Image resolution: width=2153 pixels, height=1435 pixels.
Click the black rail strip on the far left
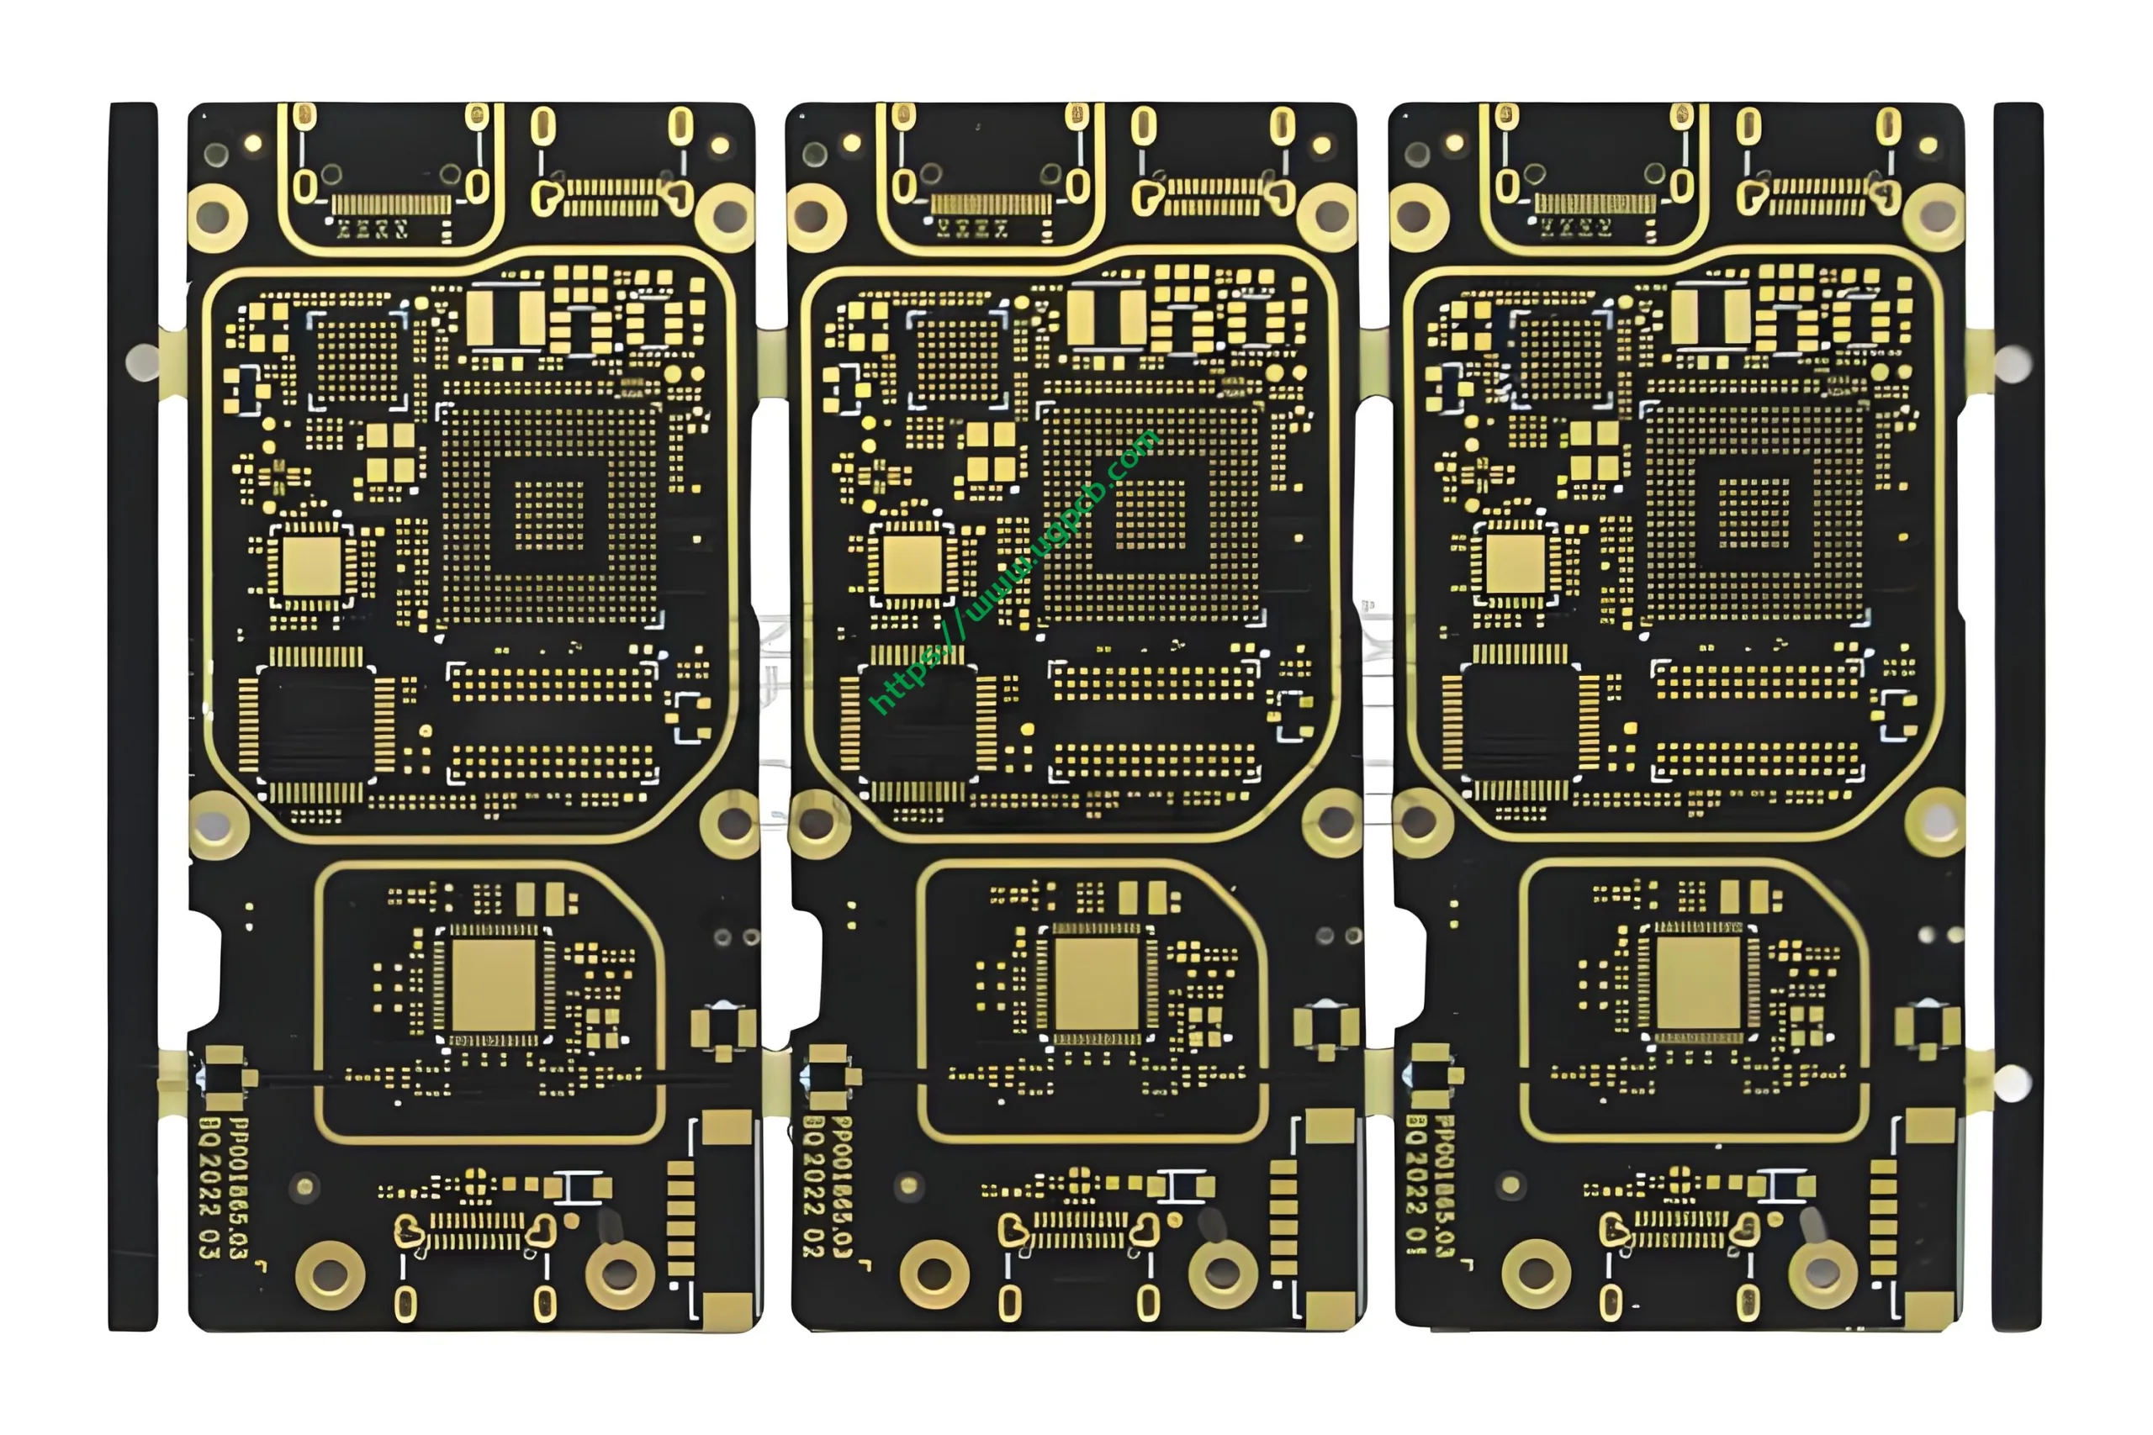point(133,714)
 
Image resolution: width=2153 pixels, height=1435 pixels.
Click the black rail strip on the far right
point(2018,714)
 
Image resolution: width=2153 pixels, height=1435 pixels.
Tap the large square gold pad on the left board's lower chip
point(494,984)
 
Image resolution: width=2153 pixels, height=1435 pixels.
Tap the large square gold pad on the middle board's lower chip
point(1097,984)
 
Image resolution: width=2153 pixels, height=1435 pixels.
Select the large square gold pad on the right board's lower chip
point(1699,984)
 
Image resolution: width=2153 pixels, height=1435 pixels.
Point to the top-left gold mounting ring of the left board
point(216,218)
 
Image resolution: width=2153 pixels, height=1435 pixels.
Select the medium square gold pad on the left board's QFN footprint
point(311,566)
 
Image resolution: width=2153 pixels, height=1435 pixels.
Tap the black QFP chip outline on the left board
point(316,723)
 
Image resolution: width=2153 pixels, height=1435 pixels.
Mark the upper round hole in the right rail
point(2012,362)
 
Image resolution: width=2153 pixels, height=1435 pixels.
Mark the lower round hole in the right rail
point(2011,1084)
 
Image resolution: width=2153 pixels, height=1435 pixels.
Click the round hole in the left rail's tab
point(142,362)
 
